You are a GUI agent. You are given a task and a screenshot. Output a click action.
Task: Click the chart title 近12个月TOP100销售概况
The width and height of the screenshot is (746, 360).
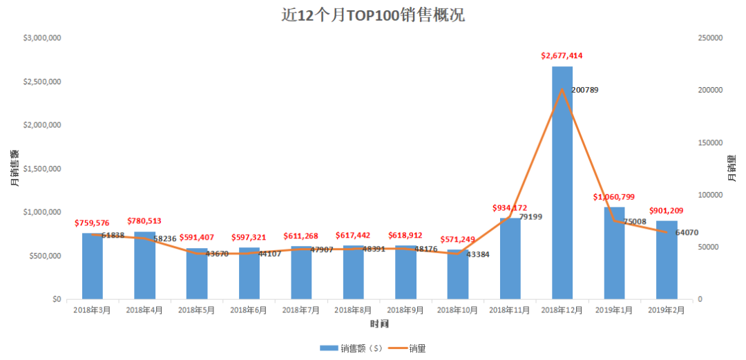[373, 15]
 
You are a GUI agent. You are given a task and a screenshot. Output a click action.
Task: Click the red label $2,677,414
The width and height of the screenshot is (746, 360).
[562, 55]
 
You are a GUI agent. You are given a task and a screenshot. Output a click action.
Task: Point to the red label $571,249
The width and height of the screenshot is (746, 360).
[458, 239]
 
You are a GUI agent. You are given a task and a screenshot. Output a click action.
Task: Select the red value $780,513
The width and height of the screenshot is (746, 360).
[145, 221]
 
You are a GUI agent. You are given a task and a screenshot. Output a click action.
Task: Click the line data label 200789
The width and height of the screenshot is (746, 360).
[586, 90]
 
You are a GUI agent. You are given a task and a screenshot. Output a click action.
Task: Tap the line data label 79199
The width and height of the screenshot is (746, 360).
[530, 217]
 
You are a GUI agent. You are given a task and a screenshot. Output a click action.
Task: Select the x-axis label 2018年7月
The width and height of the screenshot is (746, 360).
[301, 311]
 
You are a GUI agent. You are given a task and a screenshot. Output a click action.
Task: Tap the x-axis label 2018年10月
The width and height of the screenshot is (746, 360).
[457, 311]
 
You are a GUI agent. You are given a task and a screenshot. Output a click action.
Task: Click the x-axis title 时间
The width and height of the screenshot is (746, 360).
[379, 324]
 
